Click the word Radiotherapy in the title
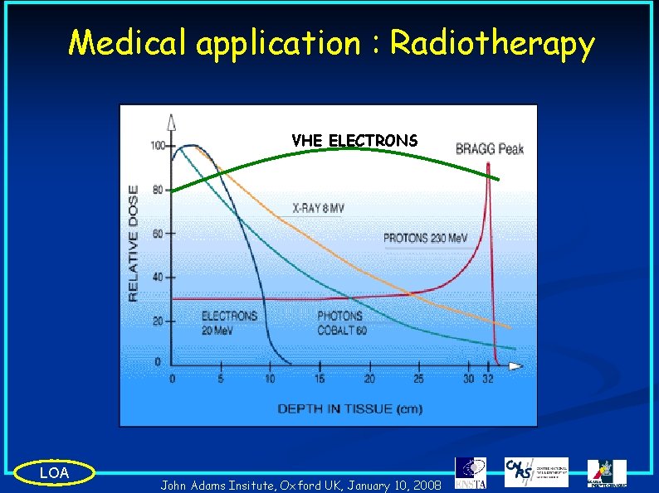pyautogui.click(x=492, y=43)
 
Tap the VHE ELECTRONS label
pyautogui.click(x=354, y=141)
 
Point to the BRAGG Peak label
pyautogui.click(x=490, y=149)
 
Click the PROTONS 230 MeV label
pyautogui.click(x=425, y=239)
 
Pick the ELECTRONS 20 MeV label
pyautogui.click(x=229, y=323)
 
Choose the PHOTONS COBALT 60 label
pyautogui.click(x=341, y=323)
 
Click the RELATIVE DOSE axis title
pyautogui.click(x=134, y=242)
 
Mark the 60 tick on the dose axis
pyautogui.click(x=159, y=234)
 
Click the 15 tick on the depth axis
pyautogui.click(x=320, y=379)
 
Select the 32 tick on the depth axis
pyautogui.click(x=486, y=379)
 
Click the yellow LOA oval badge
pyautogui.click(x=55, y=472)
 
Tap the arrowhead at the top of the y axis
pyautogui.click(x=171, y=122)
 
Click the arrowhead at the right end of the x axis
pyautogui.click(x=516, y=365)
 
